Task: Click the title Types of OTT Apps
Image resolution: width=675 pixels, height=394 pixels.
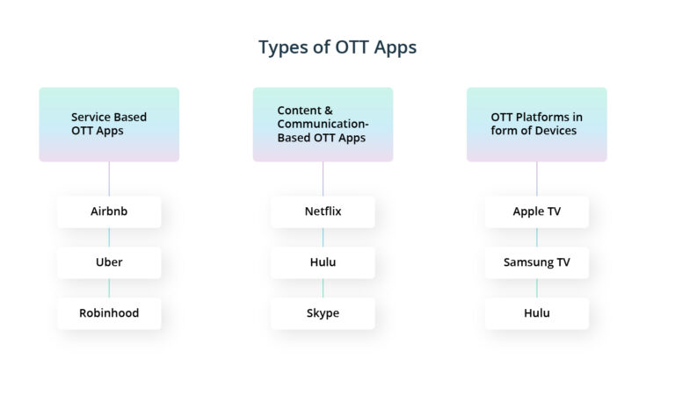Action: click(x=337, y=47)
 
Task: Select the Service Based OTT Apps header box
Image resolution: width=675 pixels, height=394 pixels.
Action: click(x=109, y=124)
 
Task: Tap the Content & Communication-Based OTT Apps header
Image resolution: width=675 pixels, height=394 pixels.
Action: click(x=323, y=124)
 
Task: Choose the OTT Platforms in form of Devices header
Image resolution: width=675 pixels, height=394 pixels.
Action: click(x=536, y=124)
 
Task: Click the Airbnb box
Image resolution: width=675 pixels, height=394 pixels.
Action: click(x=109, y=211)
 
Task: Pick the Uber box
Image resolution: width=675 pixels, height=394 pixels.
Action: click(x=109, y=262)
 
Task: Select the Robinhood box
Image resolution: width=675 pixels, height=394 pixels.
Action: click(x=109, y=313)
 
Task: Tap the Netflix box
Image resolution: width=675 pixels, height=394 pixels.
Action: click(x=323, y=211)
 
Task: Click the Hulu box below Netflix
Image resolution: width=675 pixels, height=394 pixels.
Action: click(x=323, y=262)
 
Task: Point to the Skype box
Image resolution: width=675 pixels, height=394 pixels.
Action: click(x=323, y=313)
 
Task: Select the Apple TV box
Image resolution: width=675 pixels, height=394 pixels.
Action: click(x=536, y=211)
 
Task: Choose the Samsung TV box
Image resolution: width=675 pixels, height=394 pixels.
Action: click(x=536, y=262)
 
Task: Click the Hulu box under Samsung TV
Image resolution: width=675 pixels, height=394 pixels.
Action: click(x=536, y=313)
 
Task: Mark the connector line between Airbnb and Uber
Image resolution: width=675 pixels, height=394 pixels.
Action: click(x=109, y=237)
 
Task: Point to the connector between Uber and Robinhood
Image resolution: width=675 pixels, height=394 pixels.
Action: click(x=109, y=288)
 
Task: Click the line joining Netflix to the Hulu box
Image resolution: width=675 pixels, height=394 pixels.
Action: click(x=323, y=237)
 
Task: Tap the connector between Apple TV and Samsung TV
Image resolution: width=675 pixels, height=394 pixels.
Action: click(x=536, y=237)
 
